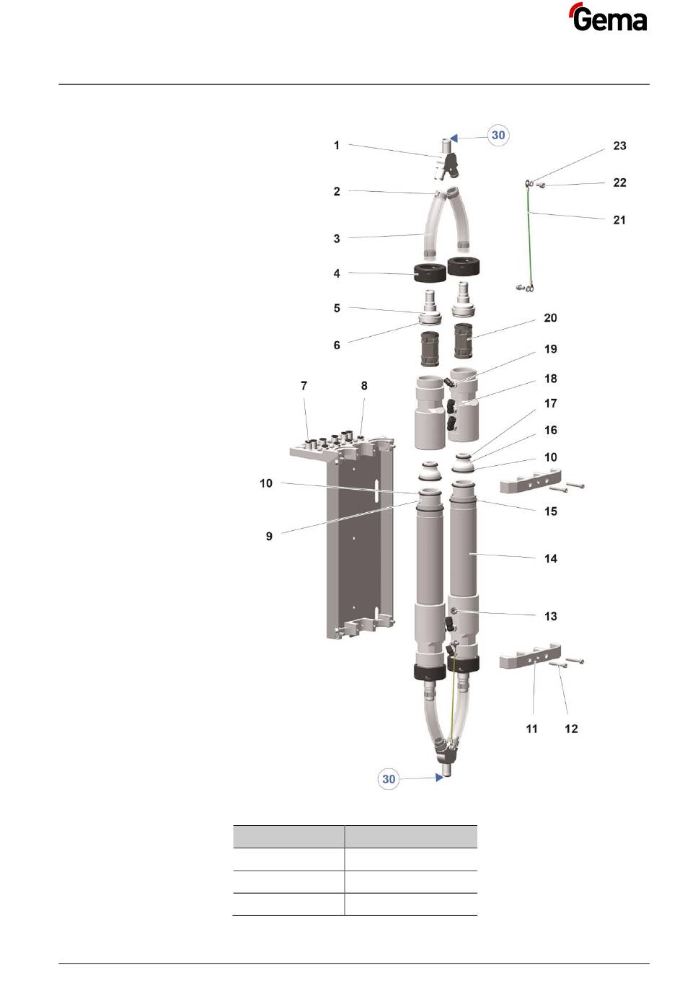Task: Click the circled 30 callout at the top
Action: pyautogui.click(x=498, y=135)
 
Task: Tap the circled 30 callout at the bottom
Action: pyautogui.click(x=388, y=779)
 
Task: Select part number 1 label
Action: pyautogui.click(x=337, y=145)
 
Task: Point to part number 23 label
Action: pyautogui.click(x=619, y=146)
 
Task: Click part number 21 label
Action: pyautogui.click(x=619, y=220)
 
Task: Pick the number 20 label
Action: pyautogui.click(x=550, y=317)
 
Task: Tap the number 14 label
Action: pyautogui.click(x=550, y=558)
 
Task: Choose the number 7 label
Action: pyautogui.click(x=304, y=386)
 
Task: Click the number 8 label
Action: pyautogui.click(x=364, y=386)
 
